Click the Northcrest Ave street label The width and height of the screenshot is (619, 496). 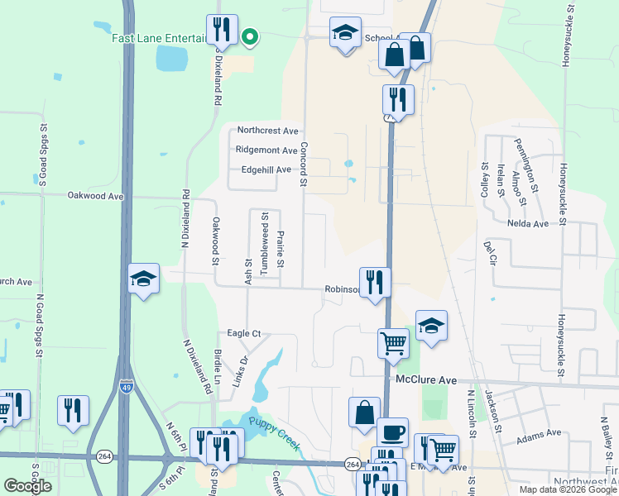point(266,131)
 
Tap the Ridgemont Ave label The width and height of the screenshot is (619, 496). point(266,150)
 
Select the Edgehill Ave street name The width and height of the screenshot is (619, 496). point(266,169)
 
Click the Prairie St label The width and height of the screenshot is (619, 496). point(281,249)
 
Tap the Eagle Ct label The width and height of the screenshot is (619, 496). point(244,333)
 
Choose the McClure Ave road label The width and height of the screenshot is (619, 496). point(426,379)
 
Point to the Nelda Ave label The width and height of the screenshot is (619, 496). point(529,223)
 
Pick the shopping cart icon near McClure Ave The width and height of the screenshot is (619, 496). point(393,341)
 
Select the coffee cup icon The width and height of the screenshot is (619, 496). point(392,432)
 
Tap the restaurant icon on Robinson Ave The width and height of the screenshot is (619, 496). point(375,282)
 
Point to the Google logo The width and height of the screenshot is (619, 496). point(27,485)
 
